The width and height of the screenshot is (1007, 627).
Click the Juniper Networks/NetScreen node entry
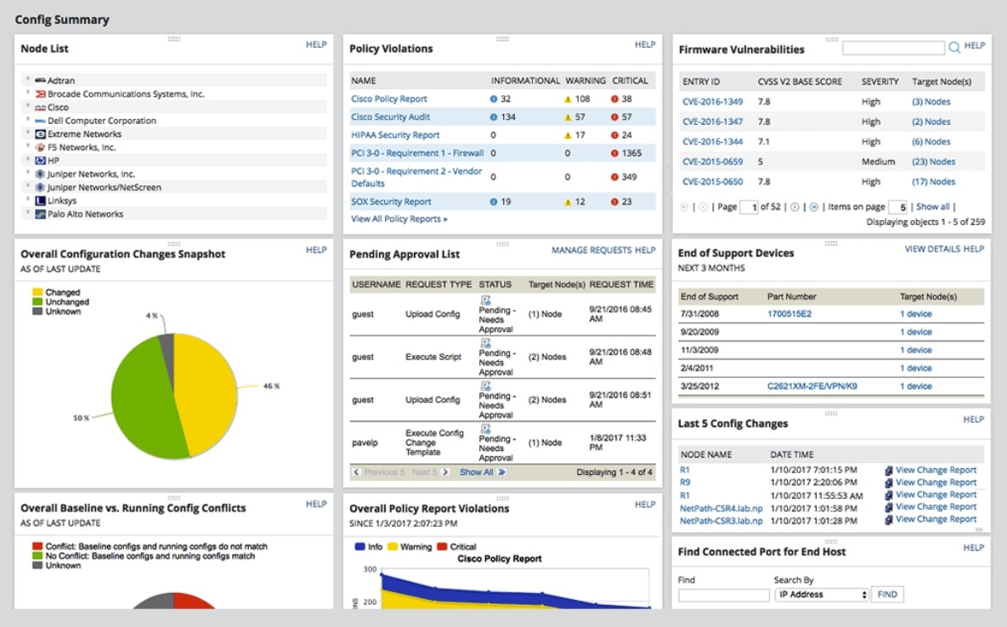pos(104,188)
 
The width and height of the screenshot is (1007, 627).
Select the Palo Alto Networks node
pos(85,214)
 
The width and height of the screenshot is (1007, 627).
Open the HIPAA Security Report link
pos(395,135)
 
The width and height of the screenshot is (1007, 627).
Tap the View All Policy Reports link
pos(399,219)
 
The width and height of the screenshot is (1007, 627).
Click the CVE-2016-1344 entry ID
pos(712,142)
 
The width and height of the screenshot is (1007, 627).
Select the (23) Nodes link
pos(933,161)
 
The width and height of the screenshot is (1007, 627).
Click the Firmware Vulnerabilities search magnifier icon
pos(954,48)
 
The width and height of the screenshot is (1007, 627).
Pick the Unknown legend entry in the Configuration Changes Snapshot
pos(63,312)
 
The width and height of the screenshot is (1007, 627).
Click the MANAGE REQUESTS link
pos(591,251)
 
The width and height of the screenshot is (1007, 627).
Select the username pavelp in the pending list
pos(365,443)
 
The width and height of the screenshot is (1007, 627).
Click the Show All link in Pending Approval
pos(477,472)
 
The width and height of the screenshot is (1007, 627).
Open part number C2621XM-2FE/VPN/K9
pos(812,387)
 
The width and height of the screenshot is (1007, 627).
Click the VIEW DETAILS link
pos(932,249)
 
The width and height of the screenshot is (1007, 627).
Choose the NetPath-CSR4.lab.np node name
pos(721,507)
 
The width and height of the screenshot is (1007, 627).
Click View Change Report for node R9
pos(936,483)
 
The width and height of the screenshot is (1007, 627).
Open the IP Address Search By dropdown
pos(822,595)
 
